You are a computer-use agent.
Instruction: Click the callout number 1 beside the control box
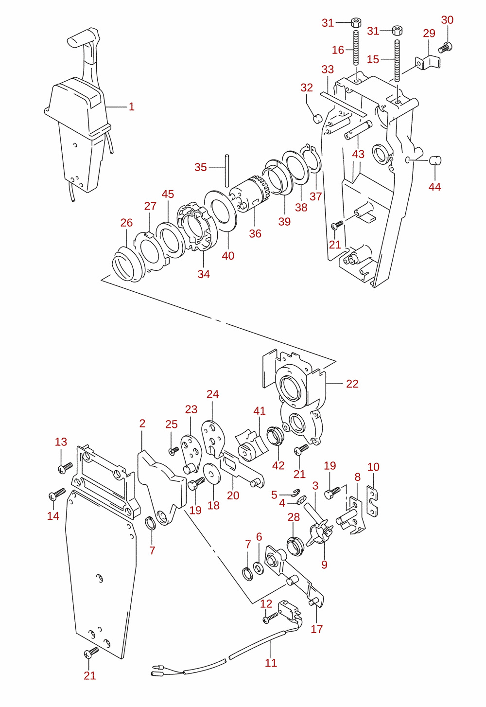point(132,106)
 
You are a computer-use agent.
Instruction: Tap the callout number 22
point(352,384)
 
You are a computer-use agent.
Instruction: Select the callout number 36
point(255,233)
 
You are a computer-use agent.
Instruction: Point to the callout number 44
point(434,187)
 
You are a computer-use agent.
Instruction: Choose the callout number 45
point(168,194)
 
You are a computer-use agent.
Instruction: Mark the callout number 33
point(328,70)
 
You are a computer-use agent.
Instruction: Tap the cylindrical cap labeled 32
point(317,119)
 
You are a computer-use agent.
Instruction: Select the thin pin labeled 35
point(227,171)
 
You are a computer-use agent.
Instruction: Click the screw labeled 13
point(65,468)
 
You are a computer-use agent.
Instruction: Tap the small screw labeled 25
point(174,450)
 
